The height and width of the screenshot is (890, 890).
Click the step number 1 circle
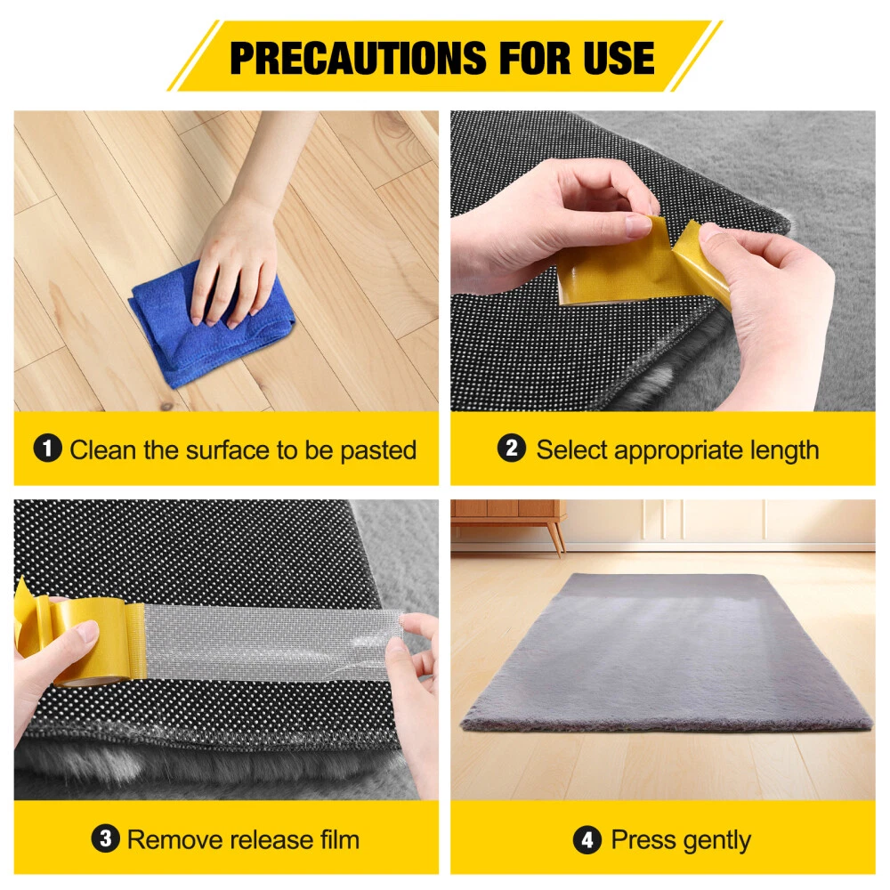pyautogui.click(x=48, y=449)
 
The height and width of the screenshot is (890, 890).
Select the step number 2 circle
pyautogui.click(x=512, y=448)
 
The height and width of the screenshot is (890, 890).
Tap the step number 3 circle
pyautogui.click(x=106, y=838)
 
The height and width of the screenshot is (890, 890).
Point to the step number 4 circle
pyautogui.click(x=587, y=839)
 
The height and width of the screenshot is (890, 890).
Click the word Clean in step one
pyautogui.click(x=102, y=449)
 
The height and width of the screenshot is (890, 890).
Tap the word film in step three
pyautogui.click(x=339, y=839)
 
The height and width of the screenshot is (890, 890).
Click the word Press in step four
pyautogui.click(x=643, y=839)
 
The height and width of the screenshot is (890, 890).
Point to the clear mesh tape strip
pyautogui.click(x=272, y=638)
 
